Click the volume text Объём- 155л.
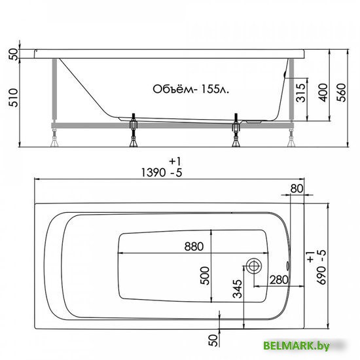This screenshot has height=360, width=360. tap(190, 89)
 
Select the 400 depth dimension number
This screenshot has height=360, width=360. tap(323, 92)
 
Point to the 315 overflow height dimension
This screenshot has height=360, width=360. tap(301, 92)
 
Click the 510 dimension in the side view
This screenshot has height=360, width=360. tap(13, 98)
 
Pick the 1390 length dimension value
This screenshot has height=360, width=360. tap(153, 172)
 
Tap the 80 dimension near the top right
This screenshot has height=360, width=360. tap(297, 189)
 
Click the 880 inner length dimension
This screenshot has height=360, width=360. tap(194, 247)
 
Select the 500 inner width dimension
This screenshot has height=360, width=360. tap(205, 276)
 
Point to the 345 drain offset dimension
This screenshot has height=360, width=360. tap(238, 289)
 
